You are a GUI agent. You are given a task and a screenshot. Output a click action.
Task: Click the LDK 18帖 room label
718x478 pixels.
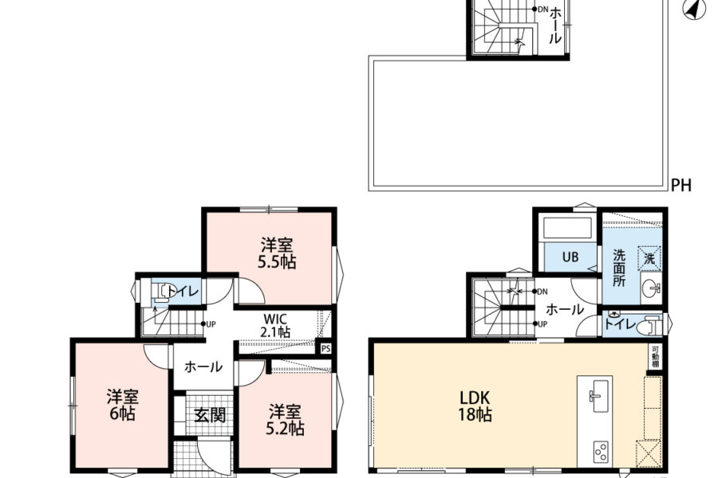pyautogui.click(x=475, y=406)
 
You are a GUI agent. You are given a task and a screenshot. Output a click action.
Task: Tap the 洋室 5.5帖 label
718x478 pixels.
pyautogui.click(x=277, y=253)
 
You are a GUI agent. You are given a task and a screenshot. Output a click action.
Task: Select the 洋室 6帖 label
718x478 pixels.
pyautogui.click(x=123, y=406)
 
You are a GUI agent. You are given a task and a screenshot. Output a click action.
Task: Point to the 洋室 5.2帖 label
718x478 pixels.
pyautogui.click(x=285, y=420)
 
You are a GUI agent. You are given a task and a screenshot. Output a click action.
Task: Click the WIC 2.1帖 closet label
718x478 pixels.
pyautogui.click(x=275, y=325)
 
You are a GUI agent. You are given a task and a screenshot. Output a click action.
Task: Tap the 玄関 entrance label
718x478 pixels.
pyautogui.click(x=210, y=415)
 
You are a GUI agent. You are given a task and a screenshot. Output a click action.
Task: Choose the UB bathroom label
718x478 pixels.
pyautogui.click(x=570, y=257)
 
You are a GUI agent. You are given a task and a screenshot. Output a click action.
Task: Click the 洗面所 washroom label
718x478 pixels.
pyautogui.click(x=619, y=268)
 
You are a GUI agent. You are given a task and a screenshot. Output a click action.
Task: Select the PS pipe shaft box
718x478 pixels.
pyautogui.click(x=325, y=349)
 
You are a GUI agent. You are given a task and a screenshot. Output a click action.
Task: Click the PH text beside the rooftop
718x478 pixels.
pyautogui.click(x=681, y=186)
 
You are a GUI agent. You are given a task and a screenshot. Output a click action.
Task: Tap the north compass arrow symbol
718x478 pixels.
pyautogui.click(x=695, y=9)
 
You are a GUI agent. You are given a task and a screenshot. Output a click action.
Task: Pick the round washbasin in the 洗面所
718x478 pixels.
pyautogui.click(x=650, y=288)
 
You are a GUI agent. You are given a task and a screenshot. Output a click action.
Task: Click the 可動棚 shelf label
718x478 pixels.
pyautogui.click(x=656, y=356)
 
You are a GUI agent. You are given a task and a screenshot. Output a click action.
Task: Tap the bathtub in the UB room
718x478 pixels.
pyautogui.click(x=567, y=229)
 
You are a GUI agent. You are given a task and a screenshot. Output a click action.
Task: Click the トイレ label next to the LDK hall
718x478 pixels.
pyautogui.click(x=620, y=324)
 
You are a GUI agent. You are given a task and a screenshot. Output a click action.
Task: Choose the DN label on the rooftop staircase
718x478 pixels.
pyautogui.click(x=542, y=9)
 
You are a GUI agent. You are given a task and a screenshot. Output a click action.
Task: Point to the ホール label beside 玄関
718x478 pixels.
pyautogui.click(x=203, y=366)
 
